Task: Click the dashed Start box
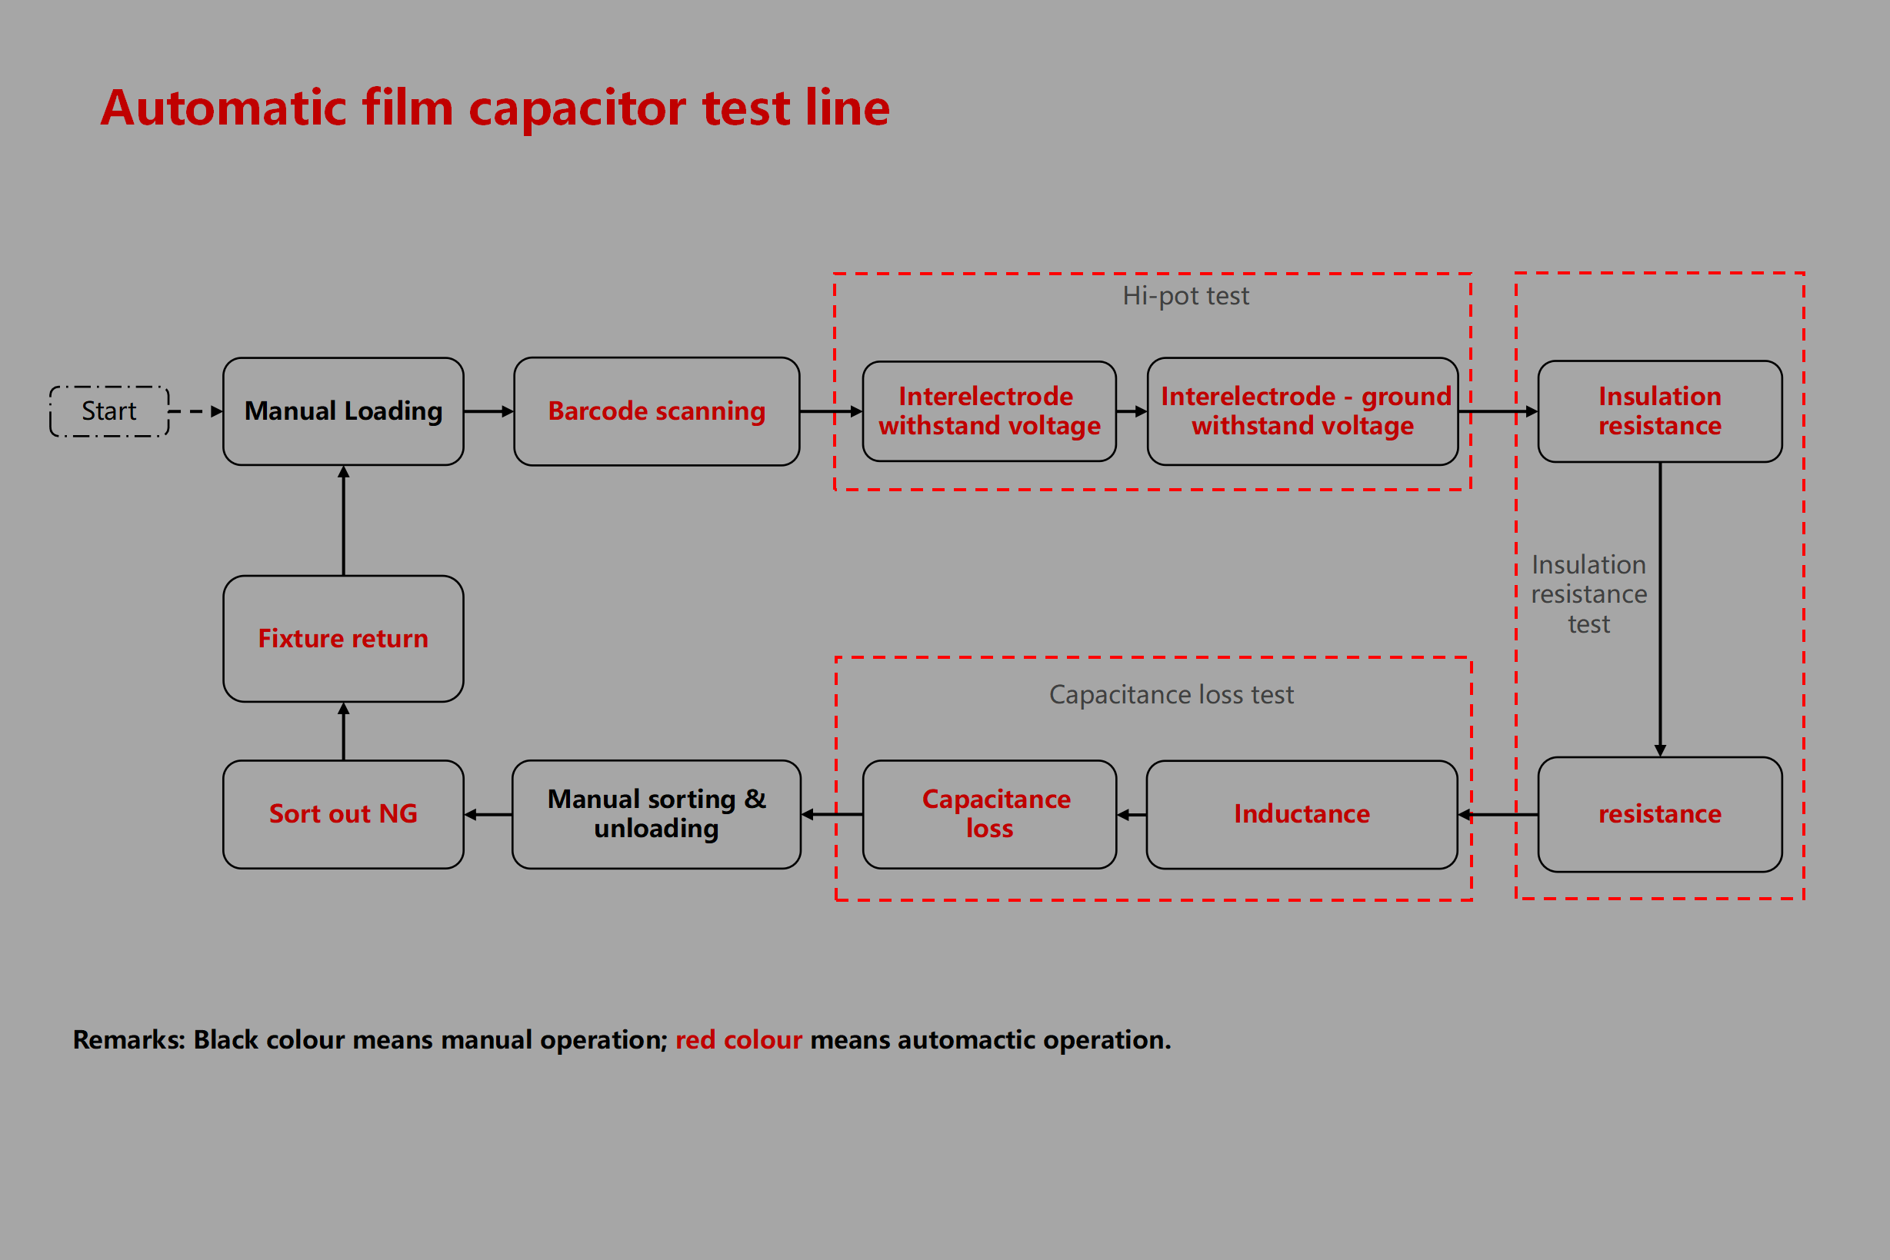coord(109,411)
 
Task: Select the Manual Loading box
coord(343,411)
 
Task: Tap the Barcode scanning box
coord(656,411)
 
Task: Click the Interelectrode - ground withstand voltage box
coord(1302,411)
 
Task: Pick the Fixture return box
coord(343,639)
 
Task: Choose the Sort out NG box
coord(343,814)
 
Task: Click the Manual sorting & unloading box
coord(656,814)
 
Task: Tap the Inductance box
coord(1302,814)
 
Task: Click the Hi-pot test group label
coord(1186,296)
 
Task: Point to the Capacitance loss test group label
coord(1172,694)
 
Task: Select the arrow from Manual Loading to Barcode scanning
coord(488,411)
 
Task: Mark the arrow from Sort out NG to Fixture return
coord(343,731)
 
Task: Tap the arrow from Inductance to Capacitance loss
coord(1132,815)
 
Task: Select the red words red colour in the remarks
coord(738,1040)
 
